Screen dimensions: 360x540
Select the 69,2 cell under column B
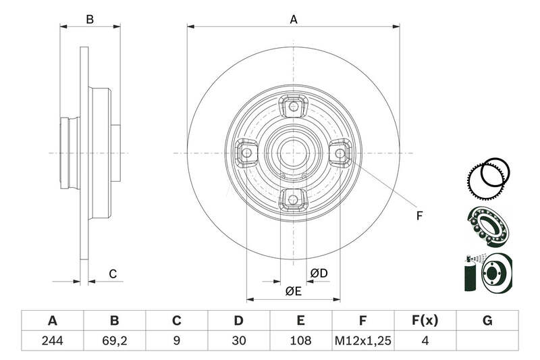pyautogui.click(x=114, y=341)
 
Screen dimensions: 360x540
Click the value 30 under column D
pyautogui.click(x=238, y=341)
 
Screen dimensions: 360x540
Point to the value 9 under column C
pyautogui.click(x=176, y=341)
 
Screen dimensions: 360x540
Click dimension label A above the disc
pyautogui.click(x=294, y=20)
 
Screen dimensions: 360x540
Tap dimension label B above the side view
pyautogui.click(x=90, y=20)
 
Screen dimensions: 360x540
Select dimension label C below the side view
pyautogui.click(x=113, y=274)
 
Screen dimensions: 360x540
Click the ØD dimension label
pyautogui.click(x=319, y=273)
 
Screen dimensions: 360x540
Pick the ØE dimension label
pyautogui.click(x=292, y=291)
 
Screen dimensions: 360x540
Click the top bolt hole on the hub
pyautogui.click(x=293, y=105)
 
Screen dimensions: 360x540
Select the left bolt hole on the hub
pyautogui.click(x=246, y=153)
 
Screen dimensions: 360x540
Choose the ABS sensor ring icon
pyautogui.click(x=487, y=178)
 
